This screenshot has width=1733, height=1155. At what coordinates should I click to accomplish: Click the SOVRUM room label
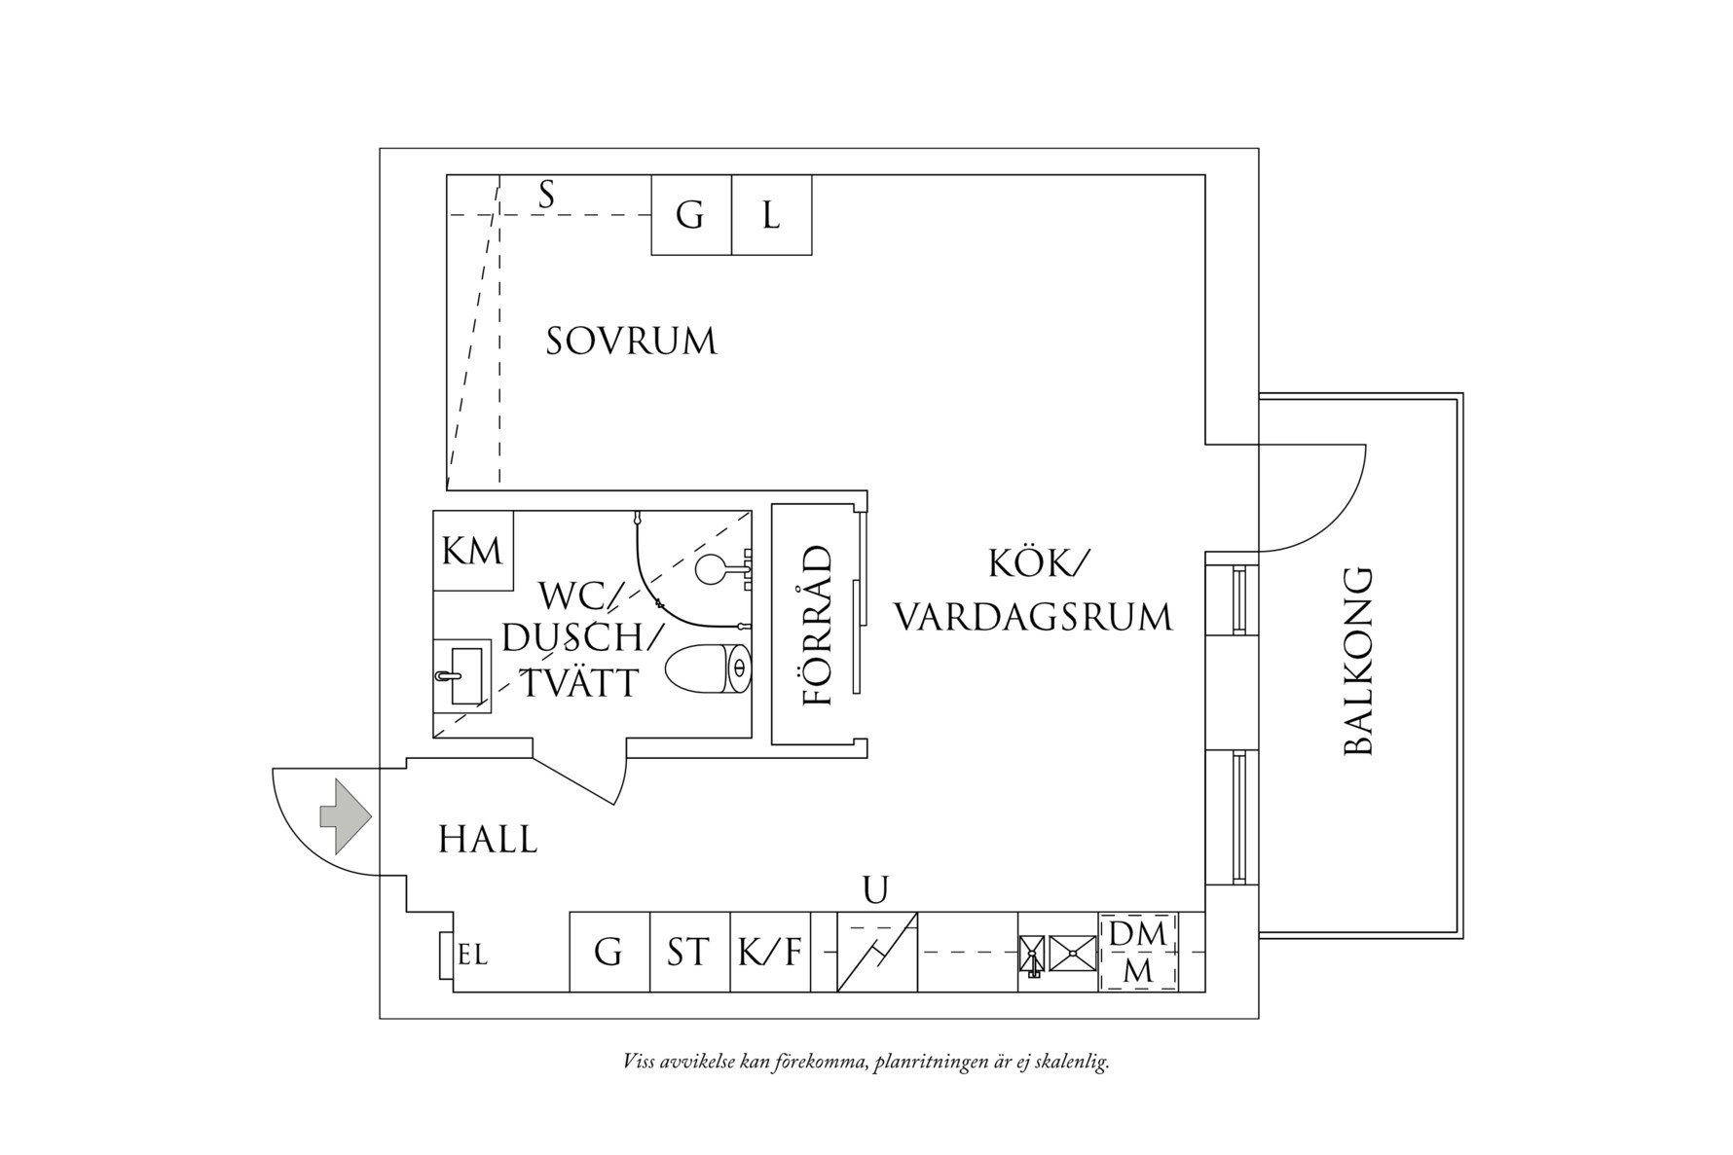coord(631,342)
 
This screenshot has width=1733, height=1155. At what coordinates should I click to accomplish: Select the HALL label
coord(488,840)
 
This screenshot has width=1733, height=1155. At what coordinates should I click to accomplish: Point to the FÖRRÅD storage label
coord(817,626)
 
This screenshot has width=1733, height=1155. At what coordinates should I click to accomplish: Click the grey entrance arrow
coord(346,816)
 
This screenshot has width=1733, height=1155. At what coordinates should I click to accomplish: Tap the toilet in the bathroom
coord(709,668)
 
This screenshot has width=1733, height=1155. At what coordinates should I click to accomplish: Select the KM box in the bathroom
coord(473,551)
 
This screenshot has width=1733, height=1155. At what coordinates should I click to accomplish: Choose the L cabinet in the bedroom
coord(771,215)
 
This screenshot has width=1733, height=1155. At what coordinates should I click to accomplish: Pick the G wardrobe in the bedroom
coord(690,215)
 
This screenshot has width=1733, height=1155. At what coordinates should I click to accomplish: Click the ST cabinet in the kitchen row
coord(689,952)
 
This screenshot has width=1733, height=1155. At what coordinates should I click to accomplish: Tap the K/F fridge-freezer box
coord(770,952)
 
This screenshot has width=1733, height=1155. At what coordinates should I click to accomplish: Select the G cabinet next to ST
coord(609,952)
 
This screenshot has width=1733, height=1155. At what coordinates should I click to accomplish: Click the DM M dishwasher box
coord(1138,952)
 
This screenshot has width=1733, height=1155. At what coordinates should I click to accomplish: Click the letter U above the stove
coord(876,889)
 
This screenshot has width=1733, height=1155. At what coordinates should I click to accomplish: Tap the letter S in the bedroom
coord(547,196)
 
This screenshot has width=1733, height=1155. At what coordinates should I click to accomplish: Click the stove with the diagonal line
coord(877,952)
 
